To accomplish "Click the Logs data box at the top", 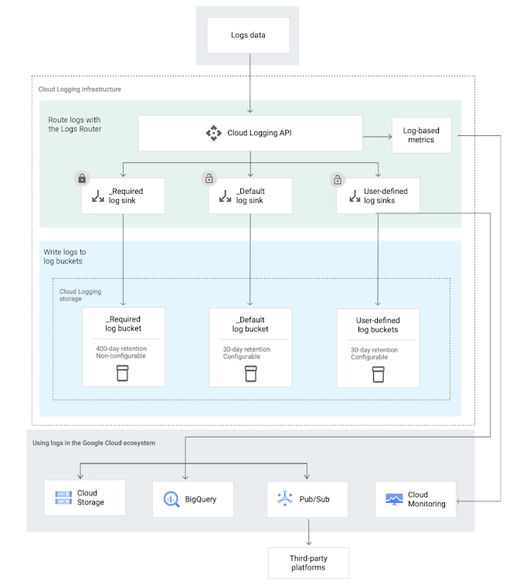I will pos(248,35).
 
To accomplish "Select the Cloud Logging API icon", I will pos(213,133).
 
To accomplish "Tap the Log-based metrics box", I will pos(421,135).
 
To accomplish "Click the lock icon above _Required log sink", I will pos(81,179).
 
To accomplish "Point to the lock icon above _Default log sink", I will pos(209,179).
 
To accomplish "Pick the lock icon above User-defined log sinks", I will pos(336,179).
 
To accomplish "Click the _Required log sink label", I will pos(125,196).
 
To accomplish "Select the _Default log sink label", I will pos(250,196).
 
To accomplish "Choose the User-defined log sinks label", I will pos(386,196).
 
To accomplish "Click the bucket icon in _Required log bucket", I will pos(123,374).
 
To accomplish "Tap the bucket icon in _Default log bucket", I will pos(250,374).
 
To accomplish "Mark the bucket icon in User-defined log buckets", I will pos(378,374).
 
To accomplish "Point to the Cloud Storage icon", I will pos(63,498).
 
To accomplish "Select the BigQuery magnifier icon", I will pos(170,499).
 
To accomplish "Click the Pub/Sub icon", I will pos(284,499).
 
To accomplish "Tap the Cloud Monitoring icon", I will pos(394,500).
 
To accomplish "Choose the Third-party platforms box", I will pos(308,563).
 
